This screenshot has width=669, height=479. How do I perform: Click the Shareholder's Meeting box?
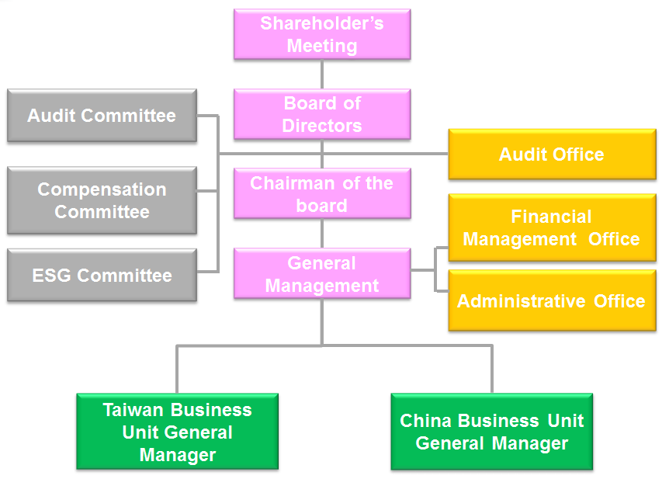point(322,34)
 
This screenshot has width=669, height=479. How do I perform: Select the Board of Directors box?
point(322,114)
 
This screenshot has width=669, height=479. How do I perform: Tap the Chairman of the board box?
point(322,194)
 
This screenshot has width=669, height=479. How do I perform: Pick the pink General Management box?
point(322,274)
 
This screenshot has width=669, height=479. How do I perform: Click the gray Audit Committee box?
point(102,116)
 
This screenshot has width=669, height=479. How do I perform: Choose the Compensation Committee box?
point(102,200)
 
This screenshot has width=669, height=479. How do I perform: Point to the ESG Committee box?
point(102,275)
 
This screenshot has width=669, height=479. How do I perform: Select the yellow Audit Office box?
point(552,154)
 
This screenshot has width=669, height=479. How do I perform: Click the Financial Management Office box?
point(552,227)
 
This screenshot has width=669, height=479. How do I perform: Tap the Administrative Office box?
point(552,300)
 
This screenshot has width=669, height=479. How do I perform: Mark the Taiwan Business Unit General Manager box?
point(178,432)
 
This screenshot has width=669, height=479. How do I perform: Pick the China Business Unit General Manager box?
point(492,432)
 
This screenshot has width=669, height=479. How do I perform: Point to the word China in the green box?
point(426,421)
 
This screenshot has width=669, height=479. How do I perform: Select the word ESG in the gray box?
point(53,276)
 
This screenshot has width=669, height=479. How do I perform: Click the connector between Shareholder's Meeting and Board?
point(322,75)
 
